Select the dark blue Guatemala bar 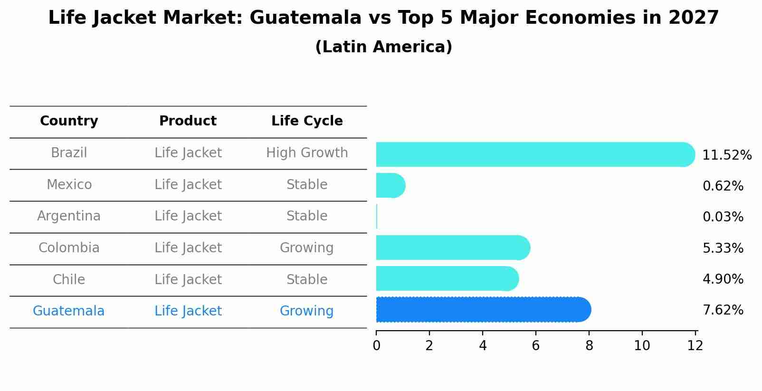pyautogui.click(x=482, y=310)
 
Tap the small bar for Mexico pyautogui.click(x=390, y=185)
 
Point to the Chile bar pyautogui.click(x=447, y=278)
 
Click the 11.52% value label pyautogui.click(x=727, y=155)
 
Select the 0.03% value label pyautogui.click(x=723, y=217)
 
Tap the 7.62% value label pyautogui.click(x=723, y=310)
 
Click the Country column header pyautogui.click(x=69, y=121)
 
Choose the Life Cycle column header pyautogui.click(x=307, y=121)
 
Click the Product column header pyautogui.click(x=188, y=121)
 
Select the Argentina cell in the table pyautogui.click(x=69, y=216)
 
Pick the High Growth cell pyautogui.click(x=307, y=153)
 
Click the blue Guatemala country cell pyautogui.click(x=69, y=311)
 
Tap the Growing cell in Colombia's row pyautogui.click(x=307, y=248)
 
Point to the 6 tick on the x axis pyautogui.click(x=536, y=346)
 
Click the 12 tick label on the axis pyautogui.click(x=695, y=346)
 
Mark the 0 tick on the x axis pyautogui.click(x=376, y=346)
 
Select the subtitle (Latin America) pyautogui.click(x=383, y=47)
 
